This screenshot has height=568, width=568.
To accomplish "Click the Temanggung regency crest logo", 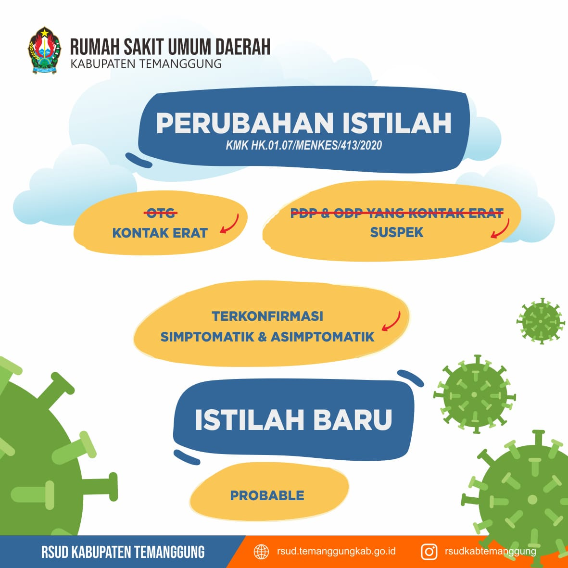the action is [x=44, y=50].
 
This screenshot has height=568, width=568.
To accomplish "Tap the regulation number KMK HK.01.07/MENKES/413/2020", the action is [x=303, y=145].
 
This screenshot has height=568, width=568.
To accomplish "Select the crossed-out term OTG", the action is [x=161, y=213].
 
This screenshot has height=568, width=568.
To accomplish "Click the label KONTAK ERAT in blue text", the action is [x=160, y=233].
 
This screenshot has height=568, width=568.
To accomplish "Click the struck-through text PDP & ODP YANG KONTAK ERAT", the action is [x=397, y=213].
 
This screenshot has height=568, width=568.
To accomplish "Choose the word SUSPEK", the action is [x=397, y=232].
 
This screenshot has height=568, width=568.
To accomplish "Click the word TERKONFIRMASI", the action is [x=267, y=316].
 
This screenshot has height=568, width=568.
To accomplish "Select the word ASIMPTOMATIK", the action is [x=322, y=337].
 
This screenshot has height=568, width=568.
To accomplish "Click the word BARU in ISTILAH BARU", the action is [x=352, y=420].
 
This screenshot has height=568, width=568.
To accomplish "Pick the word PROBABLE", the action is [x=267, y=495].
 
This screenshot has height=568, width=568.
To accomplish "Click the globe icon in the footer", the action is [x=261, y=552].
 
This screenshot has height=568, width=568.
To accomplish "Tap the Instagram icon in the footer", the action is [x=429, y=552].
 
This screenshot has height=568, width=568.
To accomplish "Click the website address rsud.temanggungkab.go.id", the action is [x=336, y=552].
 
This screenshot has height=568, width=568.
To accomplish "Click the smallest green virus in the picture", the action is [x=541, y=321].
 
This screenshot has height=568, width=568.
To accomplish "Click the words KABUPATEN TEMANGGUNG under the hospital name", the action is [x=146, y=64].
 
